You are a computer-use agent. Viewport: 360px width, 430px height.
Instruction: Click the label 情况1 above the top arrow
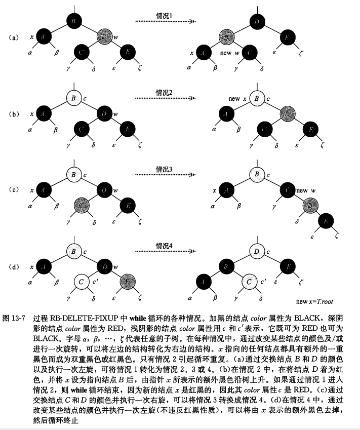coord(164,16)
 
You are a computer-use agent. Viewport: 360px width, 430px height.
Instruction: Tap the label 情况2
coord(164,92)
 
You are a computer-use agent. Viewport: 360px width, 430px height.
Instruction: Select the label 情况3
coord(164,169)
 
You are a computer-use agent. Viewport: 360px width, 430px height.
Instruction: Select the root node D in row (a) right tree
coord(257,22)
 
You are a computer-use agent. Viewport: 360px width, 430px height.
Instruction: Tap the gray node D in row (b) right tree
coord(287,113)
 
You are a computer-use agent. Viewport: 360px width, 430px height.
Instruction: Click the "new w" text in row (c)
coord(304,190)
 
